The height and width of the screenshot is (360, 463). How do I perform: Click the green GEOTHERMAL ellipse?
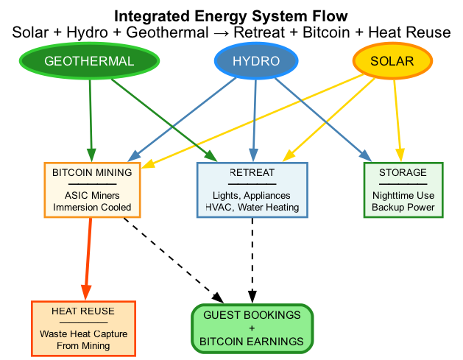pos(89,61)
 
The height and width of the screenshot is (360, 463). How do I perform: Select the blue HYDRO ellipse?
pos(255,61)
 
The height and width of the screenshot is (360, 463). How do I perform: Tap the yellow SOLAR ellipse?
pos(392,61)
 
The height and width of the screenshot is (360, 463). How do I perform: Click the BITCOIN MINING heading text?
pos(92,173)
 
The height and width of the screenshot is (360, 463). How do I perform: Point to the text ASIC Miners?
pos(92,196)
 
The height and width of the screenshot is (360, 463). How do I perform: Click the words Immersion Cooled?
pos(92,208)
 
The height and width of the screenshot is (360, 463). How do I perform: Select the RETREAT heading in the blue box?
pos(252,173)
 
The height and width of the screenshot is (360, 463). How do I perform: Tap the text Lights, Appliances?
pos(252,196)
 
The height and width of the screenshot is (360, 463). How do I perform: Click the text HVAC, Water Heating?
pos(252,208)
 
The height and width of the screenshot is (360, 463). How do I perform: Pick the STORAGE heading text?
pos(403,173)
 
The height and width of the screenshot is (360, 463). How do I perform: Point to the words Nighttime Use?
pos(403,196)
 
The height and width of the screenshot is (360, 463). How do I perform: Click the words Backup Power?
pos(403,208)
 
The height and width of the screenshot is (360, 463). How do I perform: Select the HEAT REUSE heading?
pos(83,311)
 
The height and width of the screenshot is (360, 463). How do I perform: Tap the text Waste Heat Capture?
pos(83,333)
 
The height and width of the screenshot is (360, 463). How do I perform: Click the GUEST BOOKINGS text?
pos(252,315)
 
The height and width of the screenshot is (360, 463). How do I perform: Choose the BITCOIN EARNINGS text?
pos(252,342)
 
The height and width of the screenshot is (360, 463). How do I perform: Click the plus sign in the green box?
pos(252,328)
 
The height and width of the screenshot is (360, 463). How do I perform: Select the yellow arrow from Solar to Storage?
pos(397,118)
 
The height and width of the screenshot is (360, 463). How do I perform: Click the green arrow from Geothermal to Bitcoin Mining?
pos(91,118)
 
